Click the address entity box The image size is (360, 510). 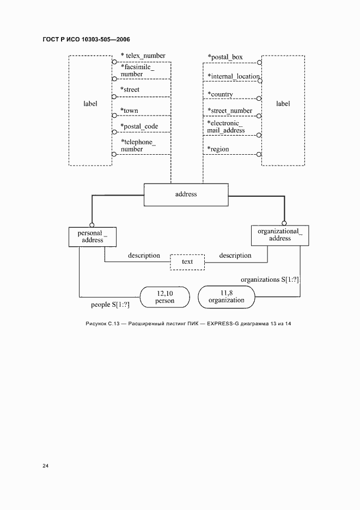coord(186,195)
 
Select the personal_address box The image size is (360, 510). coord(93,237)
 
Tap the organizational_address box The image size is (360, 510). coord(280,235)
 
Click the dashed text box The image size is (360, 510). coord(187,262)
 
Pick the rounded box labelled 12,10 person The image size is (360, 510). coord(164,297)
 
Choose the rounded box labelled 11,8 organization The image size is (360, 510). coord(227,296)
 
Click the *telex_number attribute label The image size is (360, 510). coord(143,56)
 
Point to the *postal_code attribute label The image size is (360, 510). coord(139,126)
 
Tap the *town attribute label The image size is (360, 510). coord(129,111)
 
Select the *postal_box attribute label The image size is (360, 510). coord(225,57)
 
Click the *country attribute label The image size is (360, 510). coord(221,94)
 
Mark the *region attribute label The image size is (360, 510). coord(218,149)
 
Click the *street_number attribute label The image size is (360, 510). coord(230,111)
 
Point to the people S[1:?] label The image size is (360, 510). coord(110,305)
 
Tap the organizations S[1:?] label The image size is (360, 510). coord(270,280)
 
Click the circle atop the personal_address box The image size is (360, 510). coord(91,224)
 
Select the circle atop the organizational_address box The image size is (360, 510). coord(284,223)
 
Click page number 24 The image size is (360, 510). coord(46,466)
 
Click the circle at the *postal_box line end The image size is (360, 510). coord(259,63)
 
